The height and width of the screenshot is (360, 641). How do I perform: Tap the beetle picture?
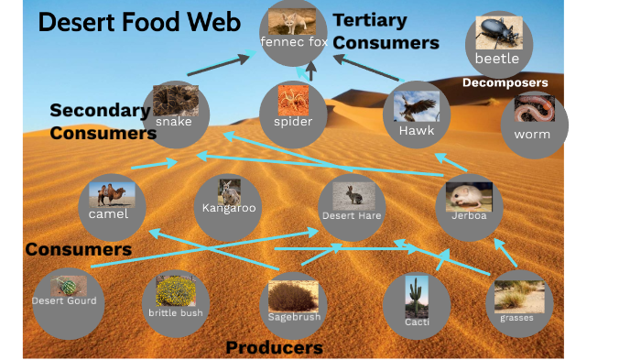499,32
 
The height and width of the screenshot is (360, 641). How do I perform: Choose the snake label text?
173,122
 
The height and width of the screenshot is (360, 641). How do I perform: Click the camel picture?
113,194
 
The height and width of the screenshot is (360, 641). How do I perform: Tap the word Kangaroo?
229,208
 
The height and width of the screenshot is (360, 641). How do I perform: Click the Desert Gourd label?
64,300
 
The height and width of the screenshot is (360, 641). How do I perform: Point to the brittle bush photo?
176,291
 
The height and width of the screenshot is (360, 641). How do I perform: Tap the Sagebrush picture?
293,293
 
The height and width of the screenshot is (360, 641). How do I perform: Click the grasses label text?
516,318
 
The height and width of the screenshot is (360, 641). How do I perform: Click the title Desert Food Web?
140,22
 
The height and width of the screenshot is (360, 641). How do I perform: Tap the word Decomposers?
505,82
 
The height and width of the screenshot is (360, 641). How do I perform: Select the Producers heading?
274,348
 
